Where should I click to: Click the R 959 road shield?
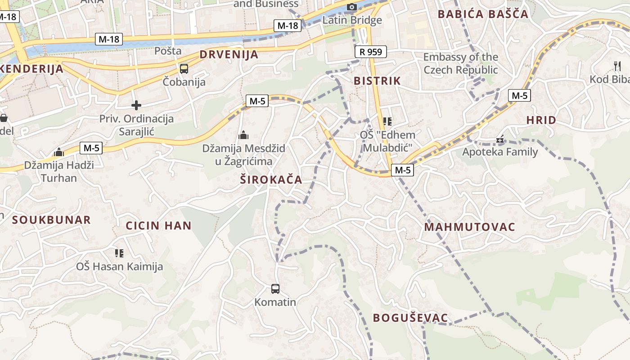pyautogui.click(x=371, y=52)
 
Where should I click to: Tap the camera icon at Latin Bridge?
pyautogui.click(x=352, y=7)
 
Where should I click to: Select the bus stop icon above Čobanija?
pyautogui.click(x=184, y=69)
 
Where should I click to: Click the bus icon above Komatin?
pyautogui.click(x=275, y=288)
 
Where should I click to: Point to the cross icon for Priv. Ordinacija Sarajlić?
pyautogui.click(x=136, y=105)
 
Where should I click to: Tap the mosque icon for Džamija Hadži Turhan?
pyautogui.click(x=58, y=152)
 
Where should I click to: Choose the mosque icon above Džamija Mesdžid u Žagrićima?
pyautogui.click(x=243, y=135)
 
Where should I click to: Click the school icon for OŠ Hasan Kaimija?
pyautogui.click(x=119, y=253)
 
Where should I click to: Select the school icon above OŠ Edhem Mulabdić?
pyautogui.click(x=387, y=121)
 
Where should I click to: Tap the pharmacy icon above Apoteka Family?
pyautogui.click(x=500, y=139)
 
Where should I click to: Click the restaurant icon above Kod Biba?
pyautogui.click(x=617, y=66)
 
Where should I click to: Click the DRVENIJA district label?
pyautogui.click(x=229, y=55)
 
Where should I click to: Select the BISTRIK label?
pyautogui.click(x=377, y=81)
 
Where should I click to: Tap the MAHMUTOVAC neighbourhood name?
pyautogui.click(x=469, y=227)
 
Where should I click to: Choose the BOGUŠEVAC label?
pyautogui.click(x=410, y=318)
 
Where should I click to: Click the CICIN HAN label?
pyautogui.click(x=158, y=226)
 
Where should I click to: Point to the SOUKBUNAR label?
pyautogui.click(x=51, y=220)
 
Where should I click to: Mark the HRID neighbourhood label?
pyautogui.click(x=541, y=120)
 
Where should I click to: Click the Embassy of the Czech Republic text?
pyautogui.click(x=461, y=63)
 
